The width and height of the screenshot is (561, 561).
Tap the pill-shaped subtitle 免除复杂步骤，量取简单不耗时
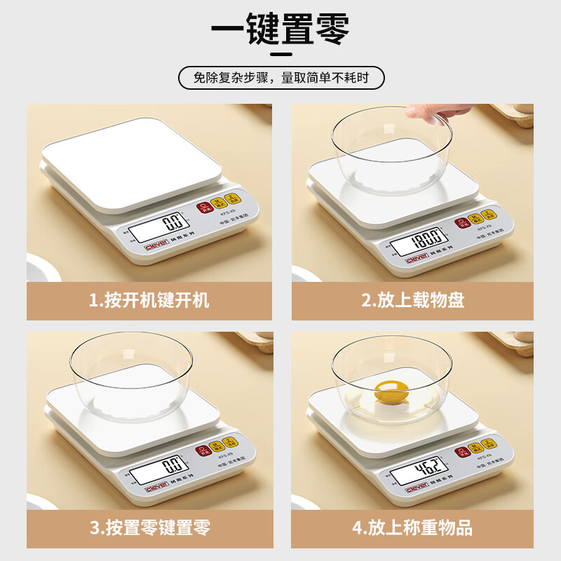(281, 78)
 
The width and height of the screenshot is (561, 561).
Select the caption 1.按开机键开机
(149, 301)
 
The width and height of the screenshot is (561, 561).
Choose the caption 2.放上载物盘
(412, 301)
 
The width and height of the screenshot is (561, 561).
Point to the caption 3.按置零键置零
(149, 527)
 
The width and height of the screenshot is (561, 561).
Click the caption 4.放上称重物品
(412, 527)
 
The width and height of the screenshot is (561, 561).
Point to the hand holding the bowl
(438, 109)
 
